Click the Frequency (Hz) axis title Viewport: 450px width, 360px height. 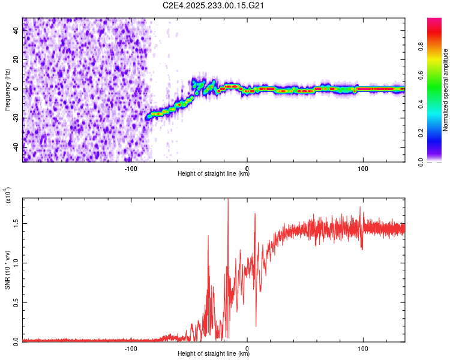[x=7, y=90]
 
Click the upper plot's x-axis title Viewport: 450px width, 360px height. [x=214, y=174]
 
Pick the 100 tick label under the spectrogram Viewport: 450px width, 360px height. [x=363, y=167]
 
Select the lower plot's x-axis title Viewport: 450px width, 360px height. [x=214, y=354]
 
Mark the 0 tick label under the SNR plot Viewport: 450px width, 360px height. [x=247, y=348]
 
